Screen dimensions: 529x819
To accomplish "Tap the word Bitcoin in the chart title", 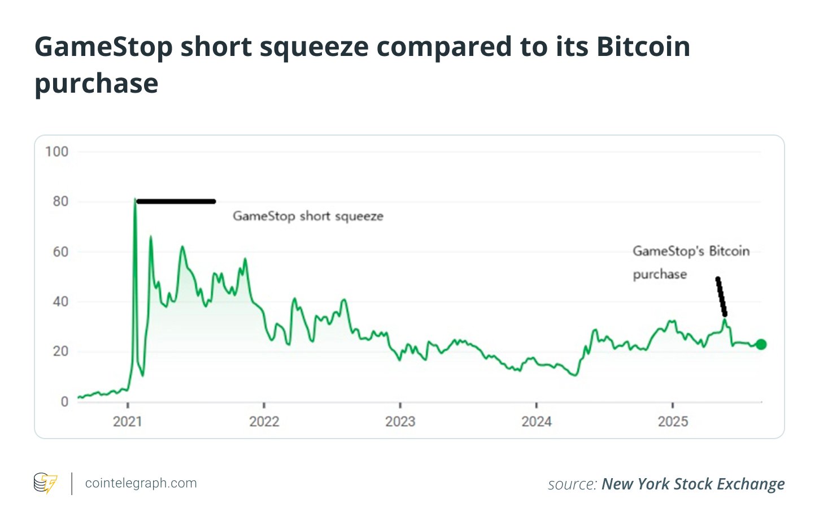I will click(x=643, y=46).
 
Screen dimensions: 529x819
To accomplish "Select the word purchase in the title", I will click(x=96, y=84).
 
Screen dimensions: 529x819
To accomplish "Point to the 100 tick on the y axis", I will click(x=56, y=152).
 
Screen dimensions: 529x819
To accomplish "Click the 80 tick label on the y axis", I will click(x=60, y=202).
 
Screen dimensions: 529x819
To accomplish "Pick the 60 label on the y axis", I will click(x=60, y=252).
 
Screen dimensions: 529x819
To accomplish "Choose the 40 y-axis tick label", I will click(x=60, y=302).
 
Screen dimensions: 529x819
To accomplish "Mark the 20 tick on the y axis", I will click(x=60, y=352).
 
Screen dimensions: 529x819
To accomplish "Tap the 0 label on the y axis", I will click(x=64, y=402).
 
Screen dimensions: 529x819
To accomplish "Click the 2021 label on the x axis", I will click(x=128, y=422).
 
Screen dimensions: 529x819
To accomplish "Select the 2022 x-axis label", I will click(x=264, y=422).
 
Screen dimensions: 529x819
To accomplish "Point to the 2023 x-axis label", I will click(x=400, y=422).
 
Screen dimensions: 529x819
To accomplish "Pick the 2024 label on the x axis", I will click(x=536, y=422).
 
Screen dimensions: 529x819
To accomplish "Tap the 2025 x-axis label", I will click(x=673, y=422).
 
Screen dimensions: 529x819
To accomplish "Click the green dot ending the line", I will click(x=761, y=344).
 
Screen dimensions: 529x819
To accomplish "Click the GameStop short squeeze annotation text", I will click(x=308, y=216).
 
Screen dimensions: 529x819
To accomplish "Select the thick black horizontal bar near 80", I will click(x=176, y=201).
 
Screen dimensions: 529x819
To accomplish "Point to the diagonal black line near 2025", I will click(x=721, y=297).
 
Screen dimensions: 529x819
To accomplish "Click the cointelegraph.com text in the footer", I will click(x=141, y=483).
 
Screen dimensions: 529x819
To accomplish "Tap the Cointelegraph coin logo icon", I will click(x=45, y=483).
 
